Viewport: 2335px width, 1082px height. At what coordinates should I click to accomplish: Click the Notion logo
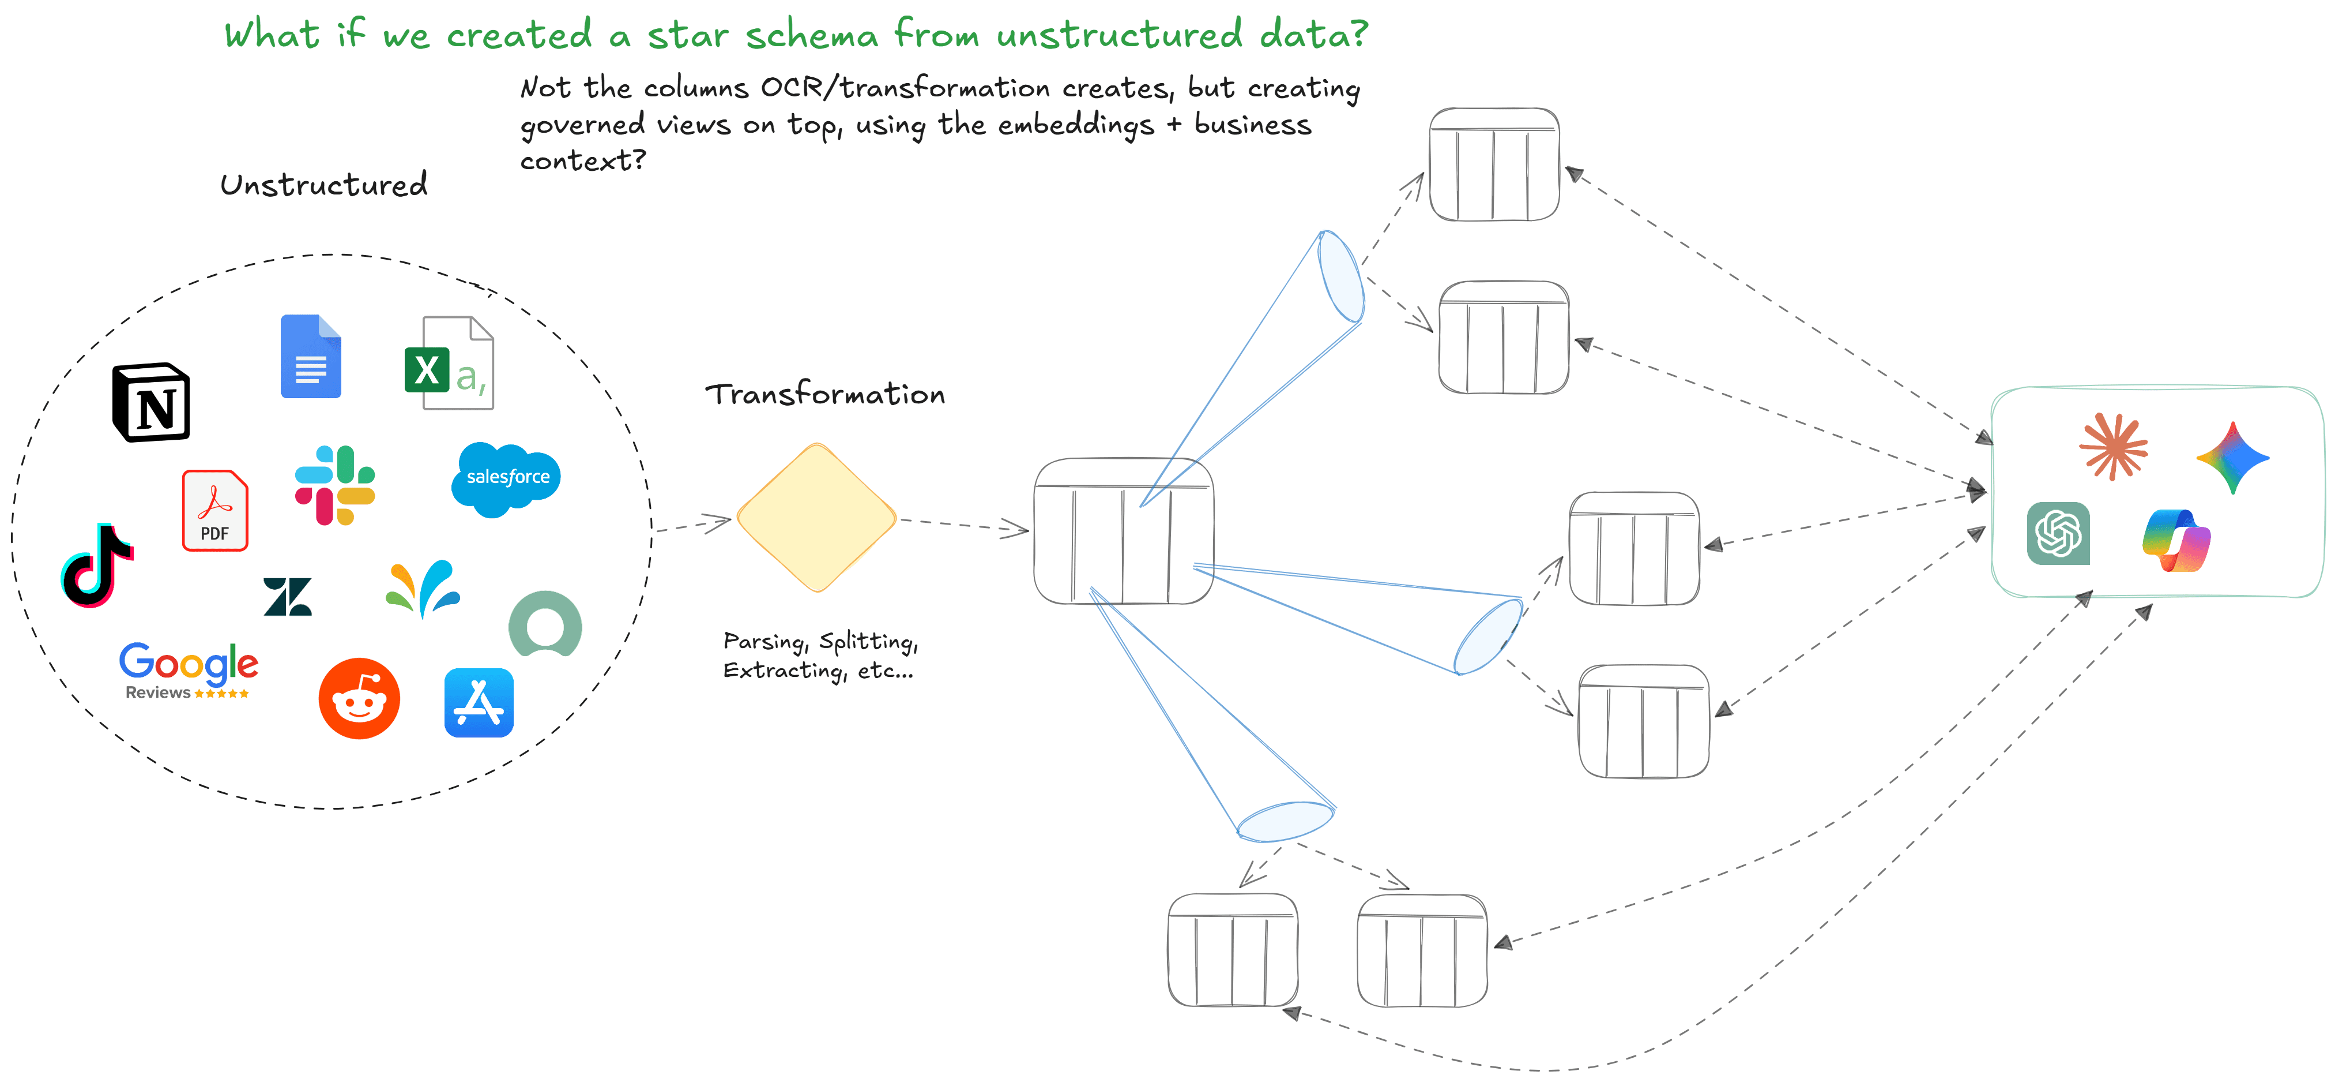(x=152, y=403)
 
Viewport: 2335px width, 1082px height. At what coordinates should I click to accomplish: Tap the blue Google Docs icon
(x=311, y=357)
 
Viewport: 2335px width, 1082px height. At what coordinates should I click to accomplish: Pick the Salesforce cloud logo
(x=506, y=478)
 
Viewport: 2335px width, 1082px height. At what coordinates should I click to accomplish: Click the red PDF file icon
(x=215, y=511)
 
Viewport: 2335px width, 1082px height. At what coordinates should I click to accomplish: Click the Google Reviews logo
(x=189, y=670)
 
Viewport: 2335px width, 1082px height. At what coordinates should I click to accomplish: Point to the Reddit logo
(x=359, y=698)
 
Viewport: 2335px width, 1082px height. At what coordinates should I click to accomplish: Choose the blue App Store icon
(x=479, y=703)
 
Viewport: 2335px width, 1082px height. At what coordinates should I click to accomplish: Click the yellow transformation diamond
(x=817, y=518)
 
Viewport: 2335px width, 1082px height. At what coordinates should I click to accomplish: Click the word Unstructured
(x=323, y=185)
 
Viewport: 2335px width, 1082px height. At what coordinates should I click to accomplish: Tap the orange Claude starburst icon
(x=2113, y=446)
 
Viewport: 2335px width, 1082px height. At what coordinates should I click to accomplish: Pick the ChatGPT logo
(x=2058, y=533)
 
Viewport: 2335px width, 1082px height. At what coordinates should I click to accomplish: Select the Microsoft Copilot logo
(x=2177, y=541)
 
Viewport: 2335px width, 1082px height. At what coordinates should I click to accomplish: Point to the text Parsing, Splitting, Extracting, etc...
(x=820, y=656)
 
